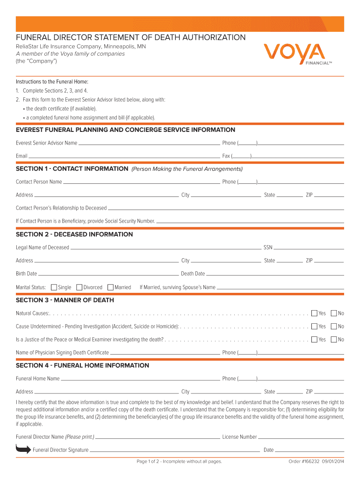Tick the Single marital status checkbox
54,287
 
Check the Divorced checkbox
79,287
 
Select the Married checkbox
110,287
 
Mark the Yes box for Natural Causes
315,313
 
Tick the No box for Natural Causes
334,313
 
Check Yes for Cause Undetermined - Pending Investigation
315,326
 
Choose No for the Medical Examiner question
334,339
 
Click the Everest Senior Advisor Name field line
149,143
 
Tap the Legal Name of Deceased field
166,247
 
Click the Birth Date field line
108,274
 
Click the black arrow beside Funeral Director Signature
23,450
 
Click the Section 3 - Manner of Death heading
65,300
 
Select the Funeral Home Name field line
140,379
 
